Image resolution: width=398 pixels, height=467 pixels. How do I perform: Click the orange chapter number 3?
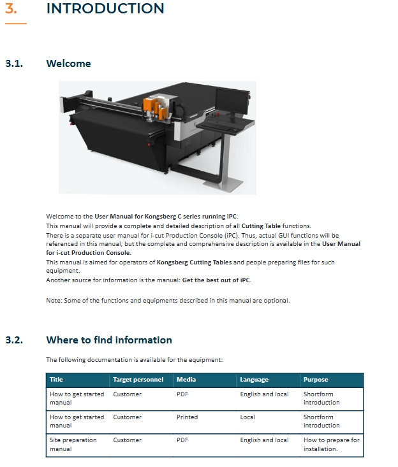coord(11,8)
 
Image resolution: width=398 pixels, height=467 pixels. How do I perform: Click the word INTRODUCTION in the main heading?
coord(105,8)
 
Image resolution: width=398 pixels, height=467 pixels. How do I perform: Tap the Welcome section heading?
coord(69,64)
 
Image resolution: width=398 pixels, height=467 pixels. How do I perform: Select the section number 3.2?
coord(14,340)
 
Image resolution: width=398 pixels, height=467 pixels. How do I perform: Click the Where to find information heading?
coord(109,340)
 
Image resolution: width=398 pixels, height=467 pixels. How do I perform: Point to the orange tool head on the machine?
coord(155,108)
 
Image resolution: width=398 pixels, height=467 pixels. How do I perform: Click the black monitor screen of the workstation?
coord(232,101)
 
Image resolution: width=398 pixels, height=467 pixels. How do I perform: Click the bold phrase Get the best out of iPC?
coord(216,280)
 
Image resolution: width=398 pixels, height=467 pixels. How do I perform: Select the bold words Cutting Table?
coord(261,226)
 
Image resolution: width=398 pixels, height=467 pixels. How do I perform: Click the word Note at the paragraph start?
coord(54,301)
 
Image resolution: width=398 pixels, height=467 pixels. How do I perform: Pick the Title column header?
coord(56,380)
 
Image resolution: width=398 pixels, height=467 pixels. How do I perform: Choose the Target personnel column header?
coord(138,380)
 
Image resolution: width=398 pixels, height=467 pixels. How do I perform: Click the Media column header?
coord(186,380)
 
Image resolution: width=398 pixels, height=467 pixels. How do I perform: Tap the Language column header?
coord(254,380)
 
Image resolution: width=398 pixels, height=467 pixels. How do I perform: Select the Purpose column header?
coord(316,380)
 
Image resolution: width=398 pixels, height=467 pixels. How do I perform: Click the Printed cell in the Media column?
coord(188,417)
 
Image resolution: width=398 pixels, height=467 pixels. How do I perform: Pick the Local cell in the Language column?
coord(247,417)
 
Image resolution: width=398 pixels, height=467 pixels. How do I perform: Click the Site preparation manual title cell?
coord(73,444)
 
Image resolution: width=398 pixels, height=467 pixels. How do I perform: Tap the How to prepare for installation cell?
coord(332,444)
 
